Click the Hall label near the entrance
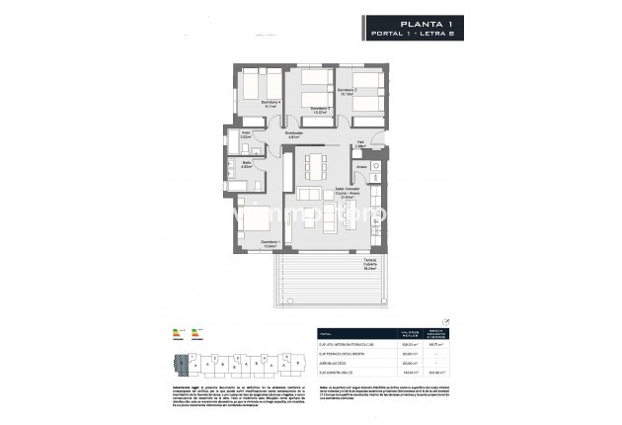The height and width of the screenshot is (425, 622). coord(360,144)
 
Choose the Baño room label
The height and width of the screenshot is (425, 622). coord(246,165)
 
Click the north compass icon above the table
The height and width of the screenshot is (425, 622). coord(445,320)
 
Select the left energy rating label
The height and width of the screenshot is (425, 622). coord(178,333)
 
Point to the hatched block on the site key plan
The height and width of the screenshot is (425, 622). coord(178,365)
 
